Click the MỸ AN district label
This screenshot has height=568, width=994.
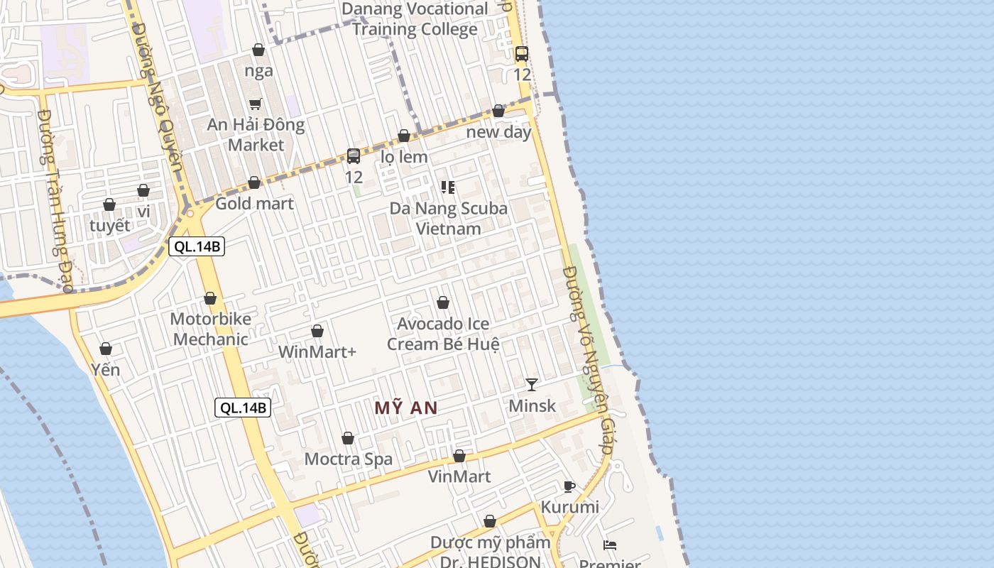point(405,408)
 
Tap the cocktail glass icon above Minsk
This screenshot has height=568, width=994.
point(531,385)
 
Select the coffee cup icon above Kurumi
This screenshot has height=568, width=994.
point(569,486)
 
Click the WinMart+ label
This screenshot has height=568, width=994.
point(317,351)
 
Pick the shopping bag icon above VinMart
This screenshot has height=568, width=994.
point(459,456)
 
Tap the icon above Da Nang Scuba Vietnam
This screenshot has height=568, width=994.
point(447,187)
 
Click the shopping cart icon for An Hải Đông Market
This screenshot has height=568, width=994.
point(256,104)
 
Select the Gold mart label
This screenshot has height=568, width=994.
point(254,204)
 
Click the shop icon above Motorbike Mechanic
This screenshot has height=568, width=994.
point(210,298)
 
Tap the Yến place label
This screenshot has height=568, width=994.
point(106,370)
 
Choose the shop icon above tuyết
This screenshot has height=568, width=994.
point(109,205)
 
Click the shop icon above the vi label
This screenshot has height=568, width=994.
point(143,191)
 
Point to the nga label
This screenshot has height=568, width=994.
point(258,70)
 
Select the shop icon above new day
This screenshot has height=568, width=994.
point(498,111)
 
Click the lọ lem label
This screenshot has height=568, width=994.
point(404,157)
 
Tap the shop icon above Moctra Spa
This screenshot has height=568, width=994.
point(348,438)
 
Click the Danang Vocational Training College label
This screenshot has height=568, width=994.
point(415,19)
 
